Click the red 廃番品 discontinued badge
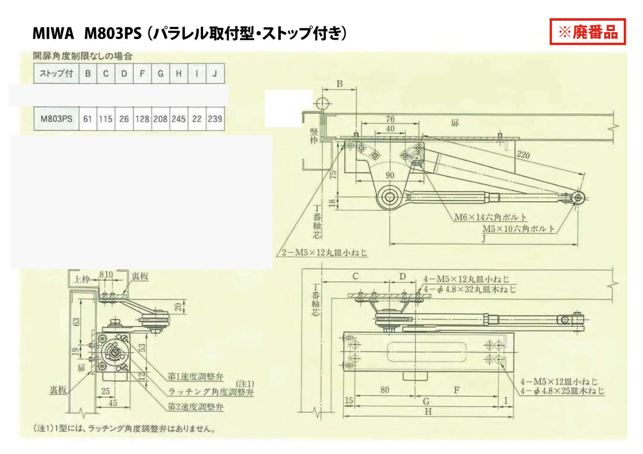coord(588,33)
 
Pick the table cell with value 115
coord(106,119)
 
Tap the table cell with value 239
coord(214,119)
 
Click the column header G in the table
coord(160,73)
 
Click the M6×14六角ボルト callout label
coord(490,217)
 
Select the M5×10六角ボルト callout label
coord(518,229)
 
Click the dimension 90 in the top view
coord(390,175)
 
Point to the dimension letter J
coord(484,239)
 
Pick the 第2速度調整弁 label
coord(192,407)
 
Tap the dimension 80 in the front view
coord(385,390)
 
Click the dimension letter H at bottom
coord(428,412)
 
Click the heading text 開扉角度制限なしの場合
coord(82,55)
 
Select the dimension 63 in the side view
coord(77,321)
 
